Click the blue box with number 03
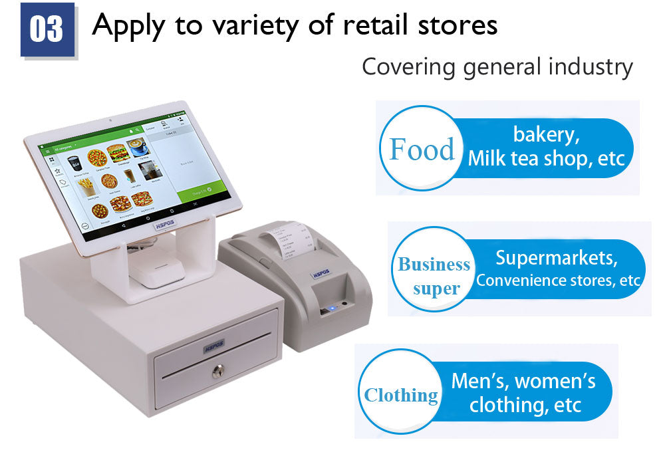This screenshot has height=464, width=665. point(47,29)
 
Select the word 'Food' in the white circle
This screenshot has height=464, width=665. point(422,149)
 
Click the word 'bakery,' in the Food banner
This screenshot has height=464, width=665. point(546,134)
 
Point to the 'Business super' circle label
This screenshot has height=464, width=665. point(434,277)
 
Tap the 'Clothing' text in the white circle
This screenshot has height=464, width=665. point(401,396)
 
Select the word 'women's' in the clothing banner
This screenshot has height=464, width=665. point(555,381)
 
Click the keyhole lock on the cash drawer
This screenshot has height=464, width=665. point(218,372)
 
